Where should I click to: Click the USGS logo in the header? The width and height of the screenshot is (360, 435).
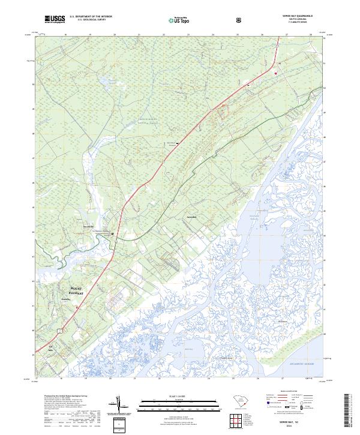[x=54, y=20]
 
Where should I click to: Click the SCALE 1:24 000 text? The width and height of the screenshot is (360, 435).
[x=169, y=395]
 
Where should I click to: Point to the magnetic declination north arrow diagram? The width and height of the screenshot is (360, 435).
[x=120, y=404]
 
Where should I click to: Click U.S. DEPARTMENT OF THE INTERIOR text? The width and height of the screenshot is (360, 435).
[x=91, y=17]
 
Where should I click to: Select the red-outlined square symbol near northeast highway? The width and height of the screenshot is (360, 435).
[x=275, y=73]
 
